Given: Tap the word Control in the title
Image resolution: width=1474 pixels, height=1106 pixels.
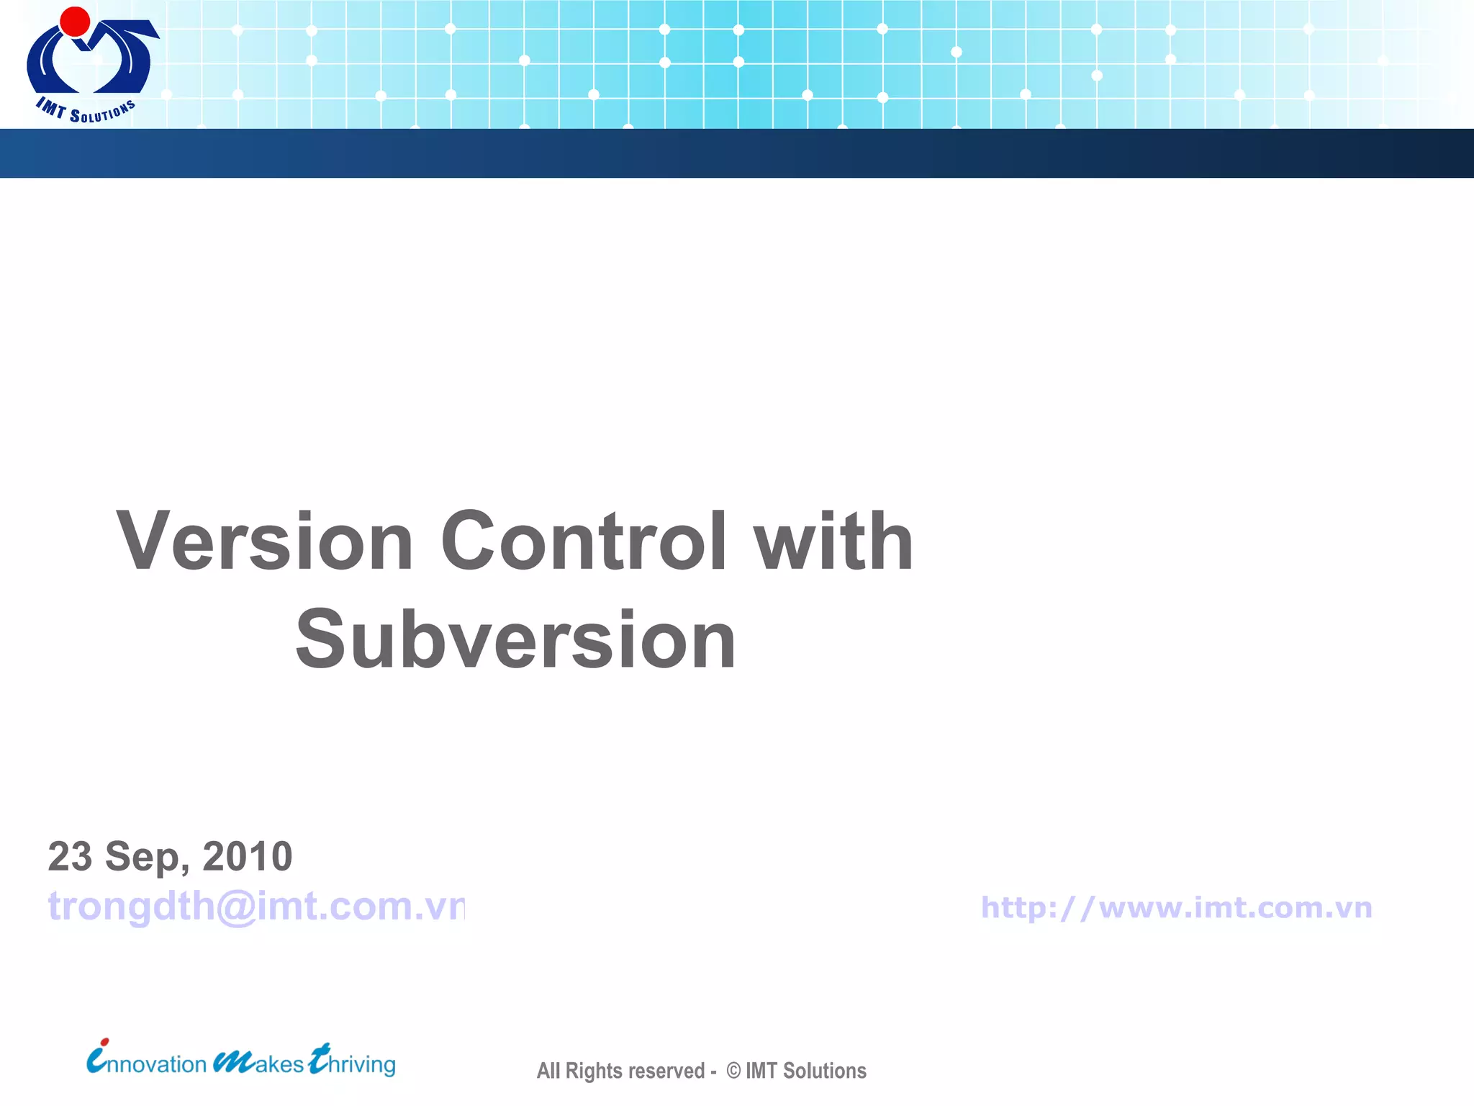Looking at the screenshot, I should pos(584,541).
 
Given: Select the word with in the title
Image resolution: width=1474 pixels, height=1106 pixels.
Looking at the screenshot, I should pos(833,541).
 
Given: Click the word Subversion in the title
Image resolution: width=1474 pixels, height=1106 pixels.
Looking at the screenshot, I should pos(515,639).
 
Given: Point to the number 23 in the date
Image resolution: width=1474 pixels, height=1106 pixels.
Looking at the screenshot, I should pos(70,857).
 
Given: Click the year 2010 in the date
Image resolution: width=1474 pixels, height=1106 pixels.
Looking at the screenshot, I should pos(247,857).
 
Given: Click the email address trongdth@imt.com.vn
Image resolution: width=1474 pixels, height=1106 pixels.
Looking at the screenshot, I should pos(256,906).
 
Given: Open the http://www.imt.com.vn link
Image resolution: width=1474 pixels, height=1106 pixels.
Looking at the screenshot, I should pos(1176,907).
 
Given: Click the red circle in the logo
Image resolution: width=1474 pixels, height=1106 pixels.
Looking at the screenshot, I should pos(75,22).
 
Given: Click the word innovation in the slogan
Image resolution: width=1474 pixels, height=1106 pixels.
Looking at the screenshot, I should pos(148,1063).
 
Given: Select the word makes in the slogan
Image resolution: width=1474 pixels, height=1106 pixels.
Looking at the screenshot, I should pos(259,1063).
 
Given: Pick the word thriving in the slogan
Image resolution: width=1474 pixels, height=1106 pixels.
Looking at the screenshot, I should pos(353,1063).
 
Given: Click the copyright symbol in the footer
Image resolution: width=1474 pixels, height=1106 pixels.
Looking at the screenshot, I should pos(733,1071).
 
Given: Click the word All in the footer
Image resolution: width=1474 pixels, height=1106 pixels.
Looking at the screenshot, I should pos(548,1071).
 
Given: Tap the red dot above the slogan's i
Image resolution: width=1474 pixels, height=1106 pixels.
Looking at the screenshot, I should pos(105,1041).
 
